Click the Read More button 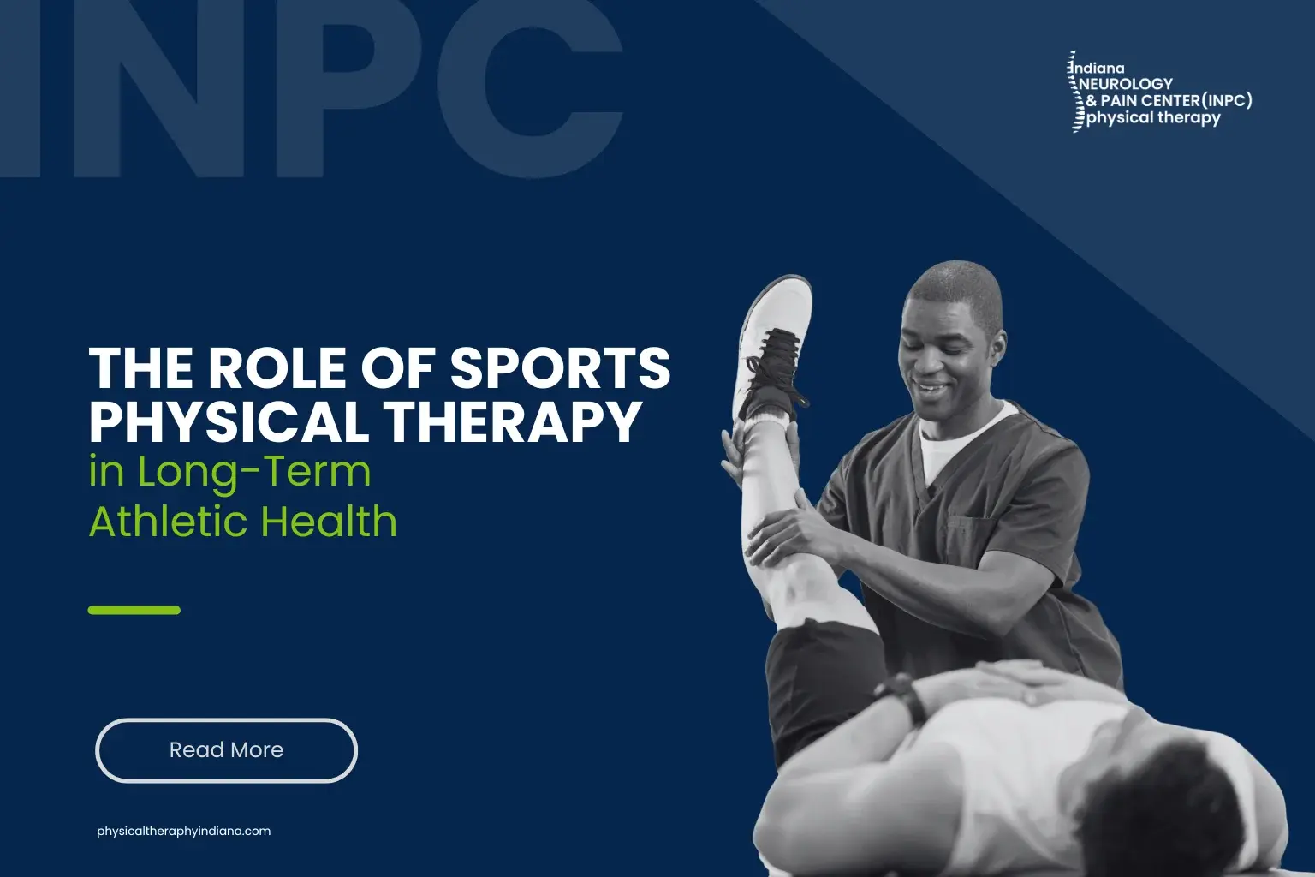click(x=226, y=750)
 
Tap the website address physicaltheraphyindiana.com click(x=183, y=831)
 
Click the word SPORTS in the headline click(x=560, y=368)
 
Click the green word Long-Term click(x=254, y=472)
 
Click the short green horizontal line click(x=134, y=610)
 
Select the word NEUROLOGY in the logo click(x=1127, y=84)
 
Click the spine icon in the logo click(x=1073, y=92)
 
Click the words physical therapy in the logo click(x=1153, y=118)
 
